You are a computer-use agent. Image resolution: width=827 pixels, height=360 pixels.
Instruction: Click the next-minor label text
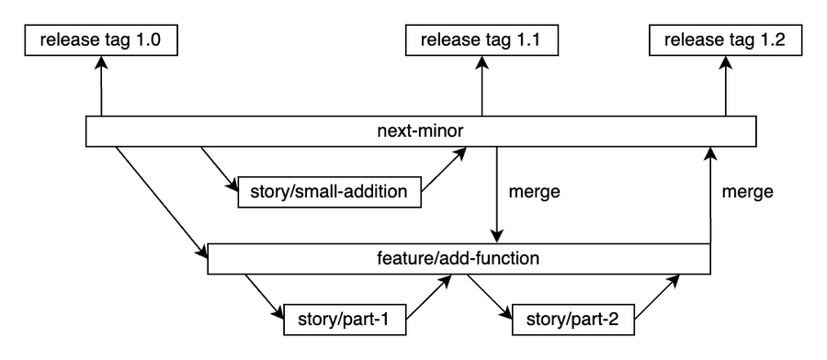(420, 131)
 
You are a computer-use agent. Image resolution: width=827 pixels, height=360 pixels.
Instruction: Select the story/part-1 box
(344, 323)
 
